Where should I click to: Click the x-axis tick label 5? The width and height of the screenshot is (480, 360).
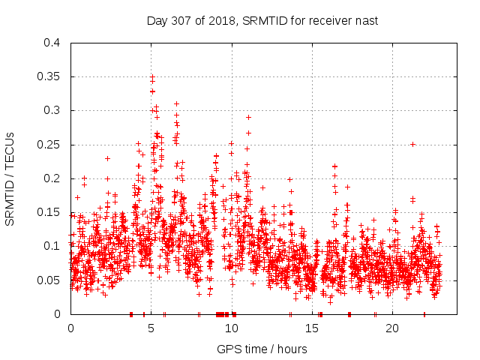point(151,328)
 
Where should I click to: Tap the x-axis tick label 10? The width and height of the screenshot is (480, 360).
point(232,328)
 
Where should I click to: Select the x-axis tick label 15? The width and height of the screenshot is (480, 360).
point(312,328)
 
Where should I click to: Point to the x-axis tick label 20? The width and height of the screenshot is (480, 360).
point(392,328)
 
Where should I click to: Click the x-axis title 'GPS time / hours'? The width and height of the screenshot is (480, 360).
point(262,349)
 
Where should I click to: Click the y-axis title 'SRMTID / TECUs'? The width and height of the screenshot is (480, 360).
point(10,178)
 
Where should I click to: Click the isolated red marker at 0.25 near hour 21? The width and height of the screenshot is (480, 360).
point(412,144)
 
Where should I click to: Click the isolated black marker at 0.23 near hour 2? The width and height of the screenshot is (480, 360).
point(107,158)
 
